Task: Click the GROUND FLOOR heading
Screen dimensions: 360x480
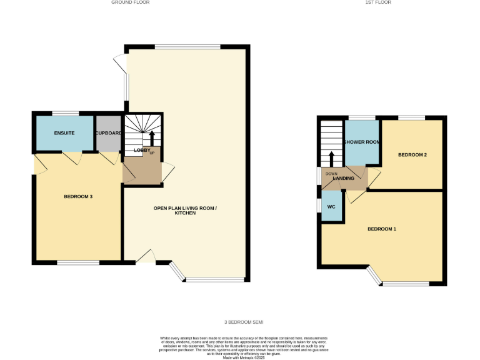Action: pyautogui.click(x=130, y=2)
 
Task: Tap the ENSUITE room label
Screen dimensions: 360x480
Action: pyautogui.click(x=64, y=133)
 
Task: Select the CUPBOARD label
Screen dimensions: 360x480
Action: pyautogui.click(x=108, y=133)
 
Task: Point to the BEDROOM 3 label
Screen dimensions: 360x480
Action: pyautogui.click(x=78, y=197)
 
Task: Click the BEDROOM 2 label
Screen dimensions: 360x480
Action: pyautogui.click(x=412, y=155)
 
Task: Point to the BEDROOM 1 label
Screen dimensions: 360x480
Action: pyautogui.click(x=381, y=229)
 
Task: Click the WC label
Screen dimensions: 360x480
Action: pyautogui.click(x=331, y=206)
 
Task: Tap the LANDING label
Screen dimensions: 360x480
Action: pyautogui.click(x=344, y=179)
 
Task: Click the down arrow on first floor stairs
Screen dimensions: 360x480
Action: pyautogui.click(x=331, y=159)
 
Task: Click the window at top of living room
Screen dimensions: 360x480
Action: pyautogui.click(x=187, y=47)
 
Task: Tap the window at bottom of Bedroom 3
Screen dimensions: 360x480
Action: pyautogui.click(x=78, y=262)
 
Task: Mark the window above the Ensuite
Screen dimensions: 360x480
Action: pyautogui.click(x=65, y=113)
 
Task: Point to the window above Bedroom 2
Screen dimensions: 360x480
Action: pyautogui.click(x=411, y=117)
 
